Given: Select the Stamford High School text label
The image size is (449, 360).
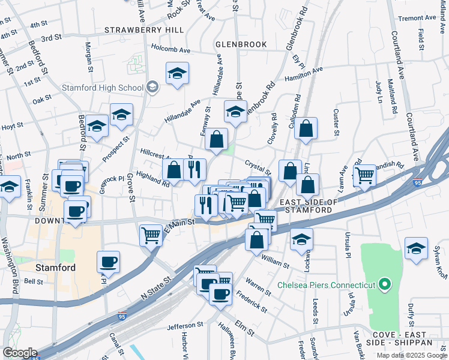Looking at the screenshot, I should (103, 88).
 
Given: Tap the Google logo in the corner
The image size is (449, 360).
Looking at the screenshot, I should (20, 353).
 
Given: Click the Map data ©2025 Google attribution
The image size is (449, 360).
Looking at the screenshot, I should (411, 355).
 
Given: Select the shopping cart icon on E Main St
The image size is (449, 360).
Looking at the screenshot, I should (151, 234).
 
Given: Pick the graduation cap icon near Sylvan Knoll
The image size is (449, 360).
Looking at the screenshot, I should (415, 250).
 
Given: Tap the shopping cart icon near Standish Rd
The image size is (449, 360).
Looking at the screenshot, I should (364, 176).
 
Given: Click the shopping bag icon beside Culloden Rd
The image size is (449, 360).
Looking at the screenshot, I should (306, 128).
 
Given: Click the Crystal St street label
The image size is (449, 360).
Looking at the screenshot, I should (258, 164).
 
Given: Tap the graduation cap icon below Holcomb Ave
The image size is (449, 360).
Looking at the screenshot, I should (177, 74).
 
